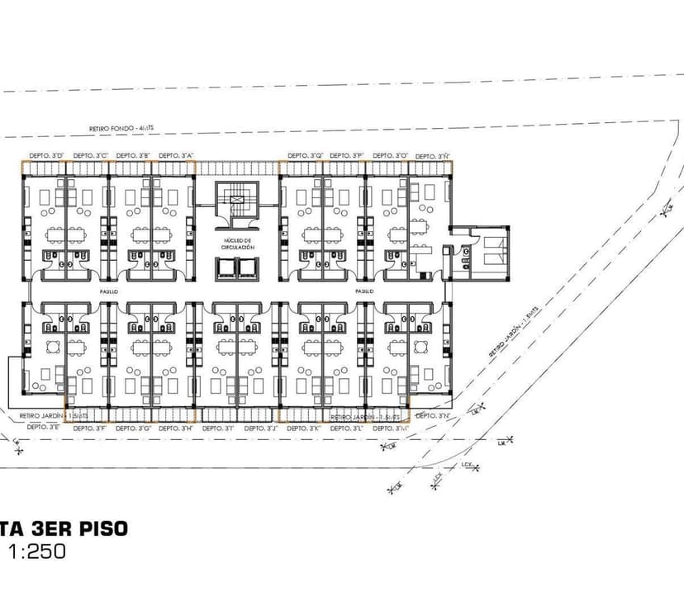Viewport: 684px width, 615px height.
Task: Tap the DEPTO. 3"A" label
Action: [x=175, y=155]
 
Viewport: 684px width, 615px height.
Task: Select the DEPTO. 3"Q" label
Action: [x=305, y=155]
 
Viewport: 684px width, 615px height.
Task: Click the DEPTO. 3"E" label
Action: [x=43, y=428]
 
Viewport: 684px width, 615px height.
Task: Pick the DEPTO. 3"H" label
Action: [x=175, y=428]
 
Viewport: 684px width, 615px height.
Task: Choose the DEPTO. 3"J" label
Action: [x=261, y=428]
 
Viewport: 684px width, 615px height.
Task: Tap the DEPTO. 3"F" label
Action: [x=89, y=428]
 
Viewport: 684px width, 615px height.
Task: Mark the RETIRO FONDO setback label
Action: [x=127, y=129]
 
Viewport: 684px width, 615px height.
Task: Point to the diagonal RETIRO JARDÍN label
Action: [x=514, y=329]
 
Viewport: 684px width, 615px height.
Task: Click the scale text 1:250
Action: [x=37, y=552]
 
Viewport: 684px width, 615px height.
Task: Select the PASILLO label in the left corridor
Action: [x=110, y=291]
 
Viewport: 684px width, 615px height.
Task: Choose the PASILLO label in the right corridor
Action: [x=364, y=291]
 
